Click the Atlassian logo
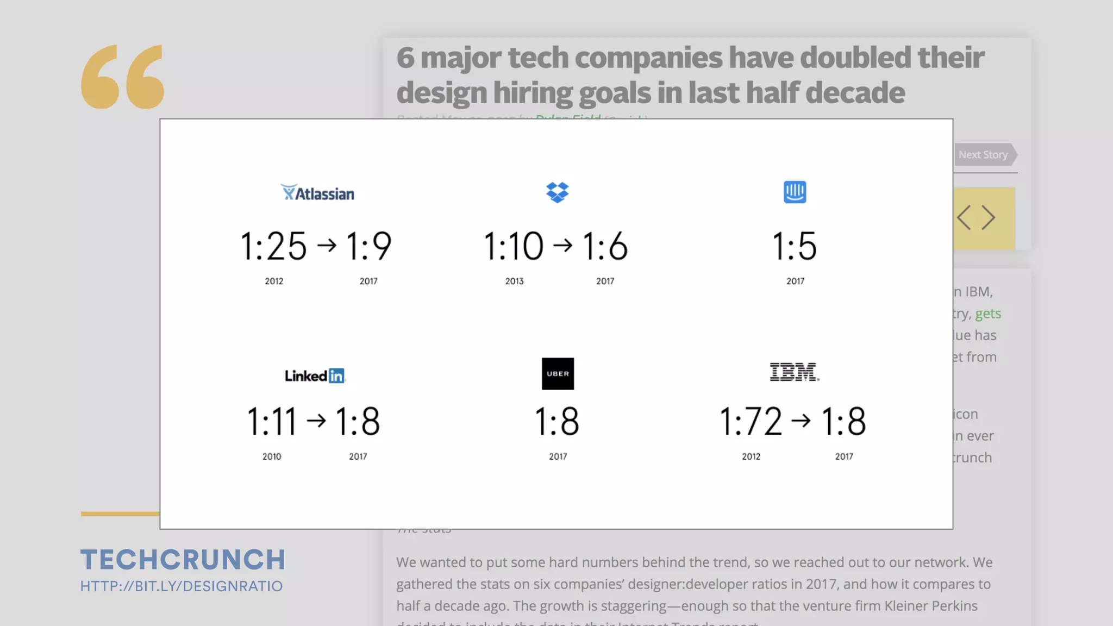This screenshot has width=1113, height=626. pyautogui.click(x=317, y=193)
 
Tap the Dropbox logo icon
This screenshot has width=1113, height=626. pyautogui.click(x=557, y=192)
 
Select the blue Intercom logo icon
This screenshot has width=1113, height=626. pyautogui.click(x=795, y=192)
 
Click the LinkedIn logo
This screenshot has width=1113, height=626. pyautogui.click(x=315, y=375)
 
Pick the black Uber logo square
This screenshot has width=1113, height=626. pyautogui.click(x=558, y=374)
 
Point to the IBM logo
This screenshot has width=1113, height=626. pyautogui.click(x=794, y=372)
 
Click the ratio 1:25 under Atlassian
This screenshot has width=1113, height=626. pyautogui.click(x=273, y=246)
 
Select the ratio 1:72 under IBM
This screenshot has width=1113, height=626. pyautogui.click(x=751, y=422)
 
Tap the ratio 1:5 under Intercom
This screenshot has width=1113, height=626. pyautogui.click(x=795, y=246)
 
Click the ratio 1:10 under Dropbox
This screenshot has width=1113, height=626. pyautogui.click(x=514, y=246)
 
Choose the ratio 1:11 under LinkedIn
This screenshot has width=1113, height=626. pyautogui.click(x=272, y=422)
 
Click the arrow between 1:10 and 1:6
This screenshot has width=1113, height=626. pyautogui.click(x=562, y=246)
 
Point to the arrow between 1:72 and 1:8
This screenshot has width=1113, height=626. pyautogui.click(x=801, y=421)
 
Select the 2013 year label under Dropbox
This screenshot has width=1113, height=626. pyautogui.click(x=514, y=281)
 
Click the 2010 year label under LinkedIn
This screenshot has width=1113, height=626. pyautogui.click(x=272, y=456)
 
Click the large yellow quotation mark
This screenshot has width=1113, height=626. pyautogui.click(x=123, y=77)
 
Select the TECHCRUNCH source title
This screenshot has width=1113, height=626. pyautogui.click(x=183, y=560)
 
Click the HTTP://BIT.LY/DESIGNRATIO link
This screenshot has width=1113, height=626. pyautogui.click(x=182, y=586)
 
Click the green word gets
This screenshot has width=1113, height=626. pyautogui.click(x=987, y=314)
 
